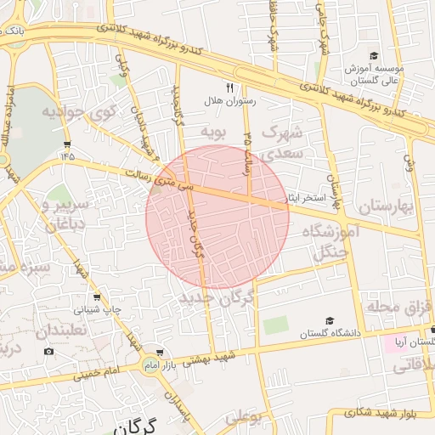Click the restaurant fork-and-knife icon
(229, 88)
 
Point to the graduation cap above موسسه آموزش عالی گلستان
(372, 53)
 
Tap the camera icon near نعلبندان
(48, 352)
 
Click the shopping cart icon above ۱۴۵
(67, 144)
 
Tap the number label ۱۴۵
(67, 157)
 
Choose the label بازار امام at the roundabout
(151, 364)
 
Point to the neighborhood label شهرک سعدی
(283, 144)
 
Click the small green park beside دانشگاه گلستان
(275, 325)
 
